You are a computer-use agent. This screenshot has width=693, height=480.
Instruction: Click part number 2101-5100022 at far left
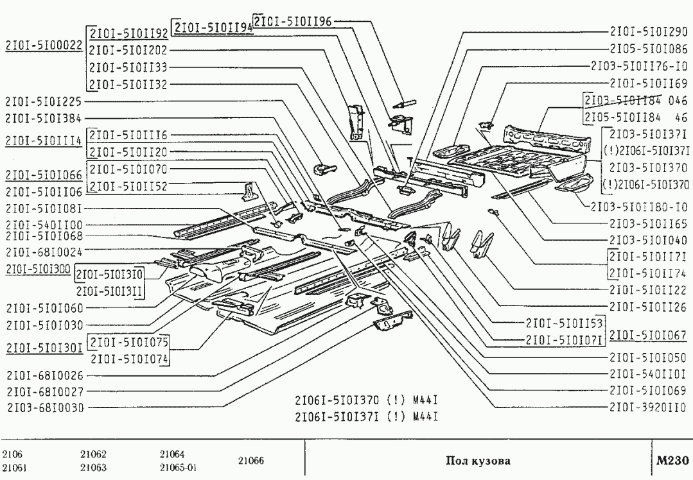[44, 46]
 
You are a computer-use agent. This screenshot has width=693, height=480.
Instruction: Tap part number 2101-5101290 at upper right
[648, 31]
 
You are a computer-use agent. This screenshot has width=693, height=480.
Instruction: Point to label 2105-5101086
[648, 49]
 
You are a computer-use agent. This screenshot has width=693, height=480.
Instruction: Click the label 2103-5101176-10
[639, 66]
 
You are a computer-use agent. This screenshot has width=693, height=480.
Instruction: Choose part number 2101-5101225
[44, 101]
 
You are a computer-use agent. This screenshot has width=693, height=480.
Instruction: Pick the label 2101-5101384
[44, 118]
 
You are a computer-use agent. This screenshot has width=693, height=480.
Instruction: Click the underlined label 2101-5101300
[38, 268]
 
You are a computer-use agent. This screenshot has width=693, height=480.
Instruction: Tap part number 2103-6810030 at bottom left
[45, 407]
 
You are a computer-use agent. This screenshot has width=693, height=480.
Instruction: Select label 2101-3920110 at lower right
[648, 406]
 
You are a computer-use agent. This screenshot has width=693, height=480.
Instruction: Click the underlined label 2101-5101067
[648, 336]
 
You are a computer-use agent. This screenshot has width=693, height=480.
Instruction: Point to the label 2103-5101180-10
[639, 207]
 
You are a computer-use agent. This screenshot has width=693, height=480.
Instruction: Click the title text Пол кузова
[478, 461]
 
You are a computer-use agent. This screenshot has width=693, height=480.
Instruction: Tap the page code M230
[672, 460]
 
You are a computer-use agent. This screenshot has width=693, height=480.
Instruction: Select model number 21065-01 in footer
[178, 468]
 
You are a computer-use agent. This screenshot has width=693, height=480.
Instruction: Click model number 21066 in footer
[250, 461]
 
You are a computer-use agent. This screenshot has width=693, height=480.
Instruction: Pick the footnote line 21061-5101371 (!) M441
[366, 416]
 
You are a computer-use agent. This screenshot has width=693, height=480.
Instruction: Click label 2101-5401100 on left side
[44, 225]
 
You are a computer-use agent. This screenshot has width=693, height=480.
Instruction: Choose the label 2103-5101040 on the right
[648, 240]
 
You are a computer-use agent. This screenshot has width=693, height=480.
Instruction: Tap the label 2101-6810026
[45, 375]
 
